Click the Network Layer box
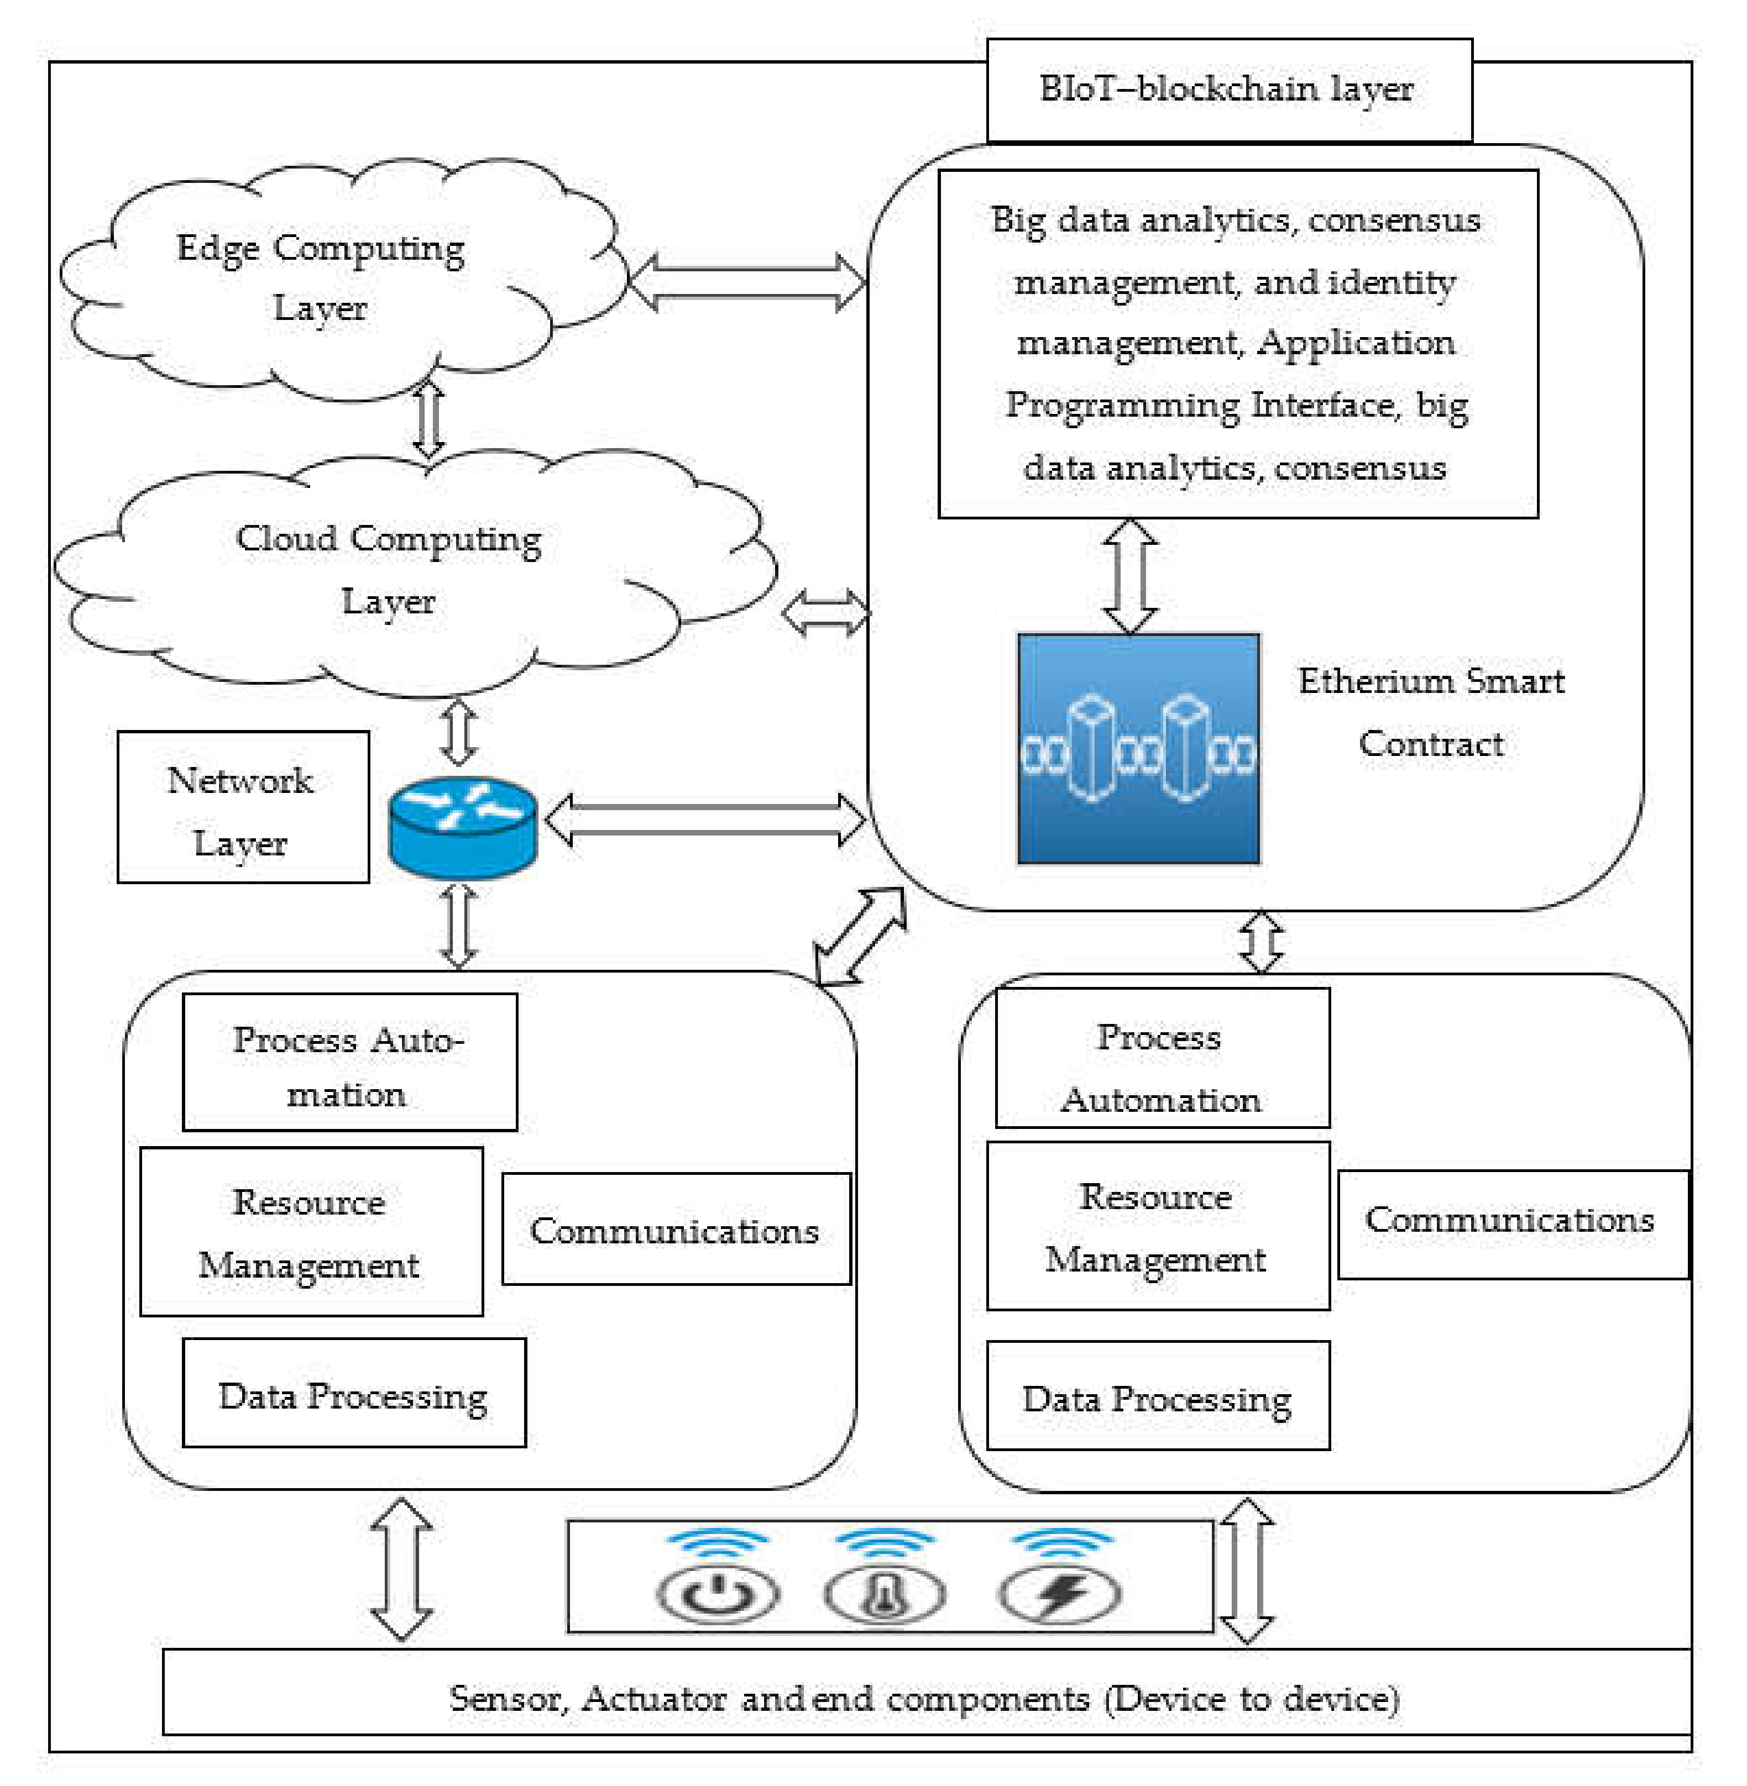click(x=243, y=808)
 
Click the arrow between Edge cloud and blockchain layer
click(x=748, y=282)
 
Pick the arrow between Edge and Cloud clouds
click(x=428, y=419)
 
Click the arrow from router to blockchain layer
click(x=705, y=819)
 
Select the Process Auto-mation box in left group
click(x=349, y=1062)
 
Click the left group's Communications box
click(x=676, y=1229)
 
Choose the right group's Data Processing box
click(x=1158, y=1397)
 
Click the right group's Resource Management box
click(x=1158, y=1226)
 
